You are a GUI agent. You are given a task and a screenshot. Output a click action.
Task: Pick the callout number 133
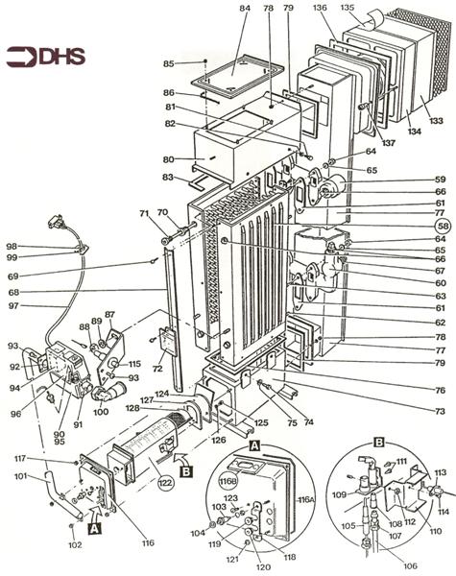pyautogui.click(x=438, y=121)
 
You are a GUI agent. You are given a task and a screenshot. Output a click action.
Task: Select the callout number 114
pyautogui.click(x=444, y=512)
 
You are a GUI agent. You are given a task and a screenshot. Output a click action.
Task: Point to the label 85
pyautogui.click(x=170, y=64)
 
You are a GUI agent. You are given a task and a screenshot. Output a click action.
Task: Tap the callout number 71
pyautogui.click(x=144, y=213)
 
